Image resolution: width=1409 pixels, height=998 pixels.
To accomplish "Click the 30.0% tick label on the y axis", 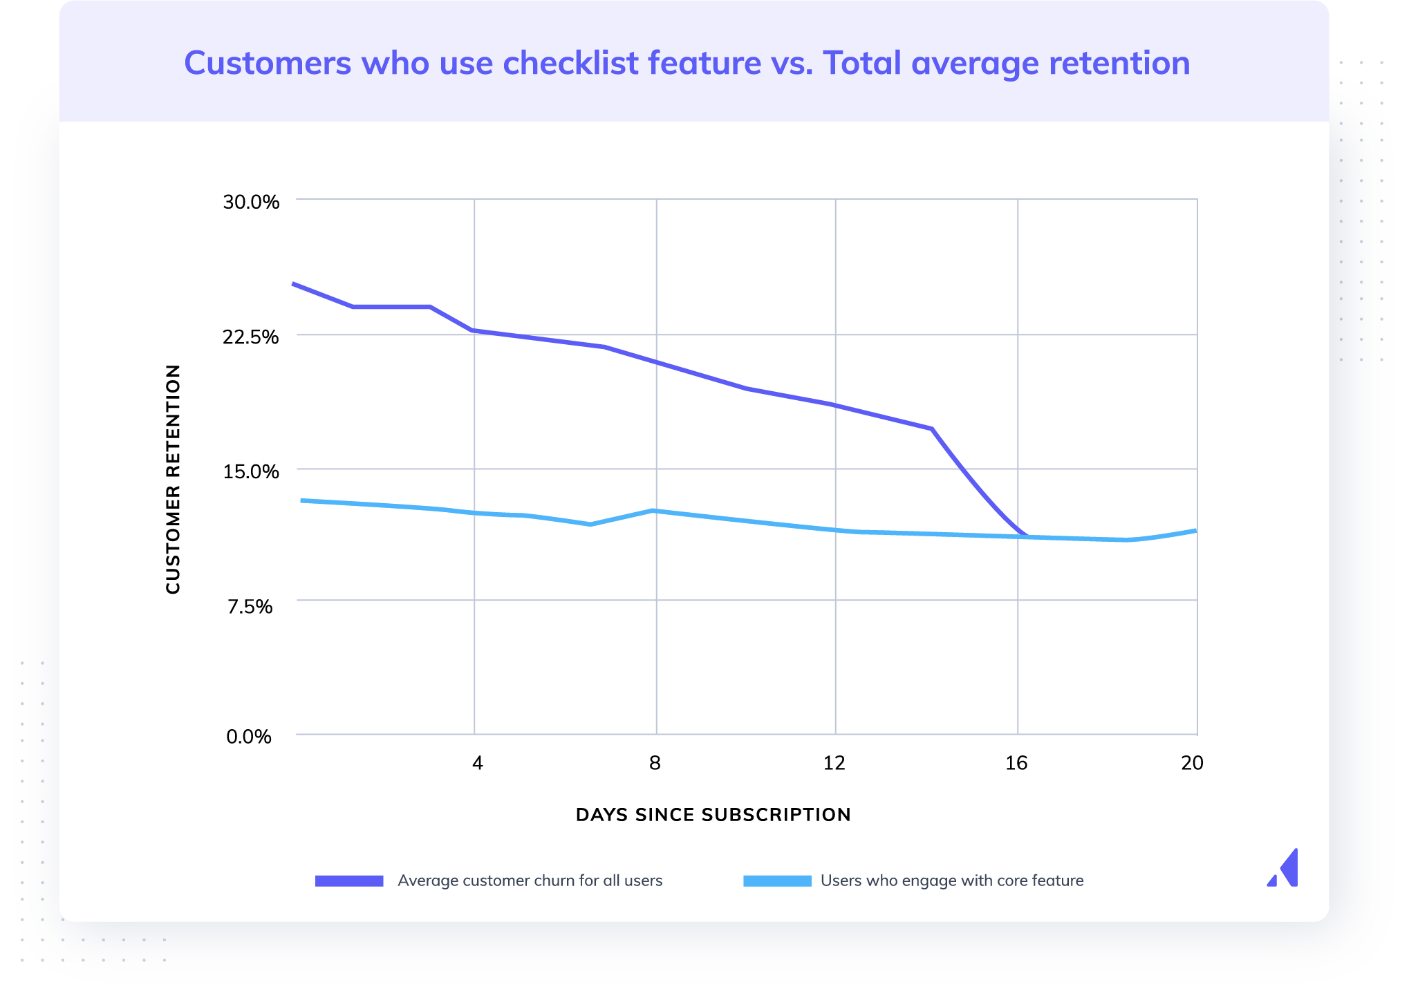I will (250, 202).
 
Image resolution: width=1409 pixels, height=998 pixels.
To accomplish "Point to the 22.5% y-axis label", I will (250, 337).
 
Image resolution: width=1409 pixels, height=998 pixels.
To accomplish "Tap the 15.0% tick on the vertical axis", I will (250, 471).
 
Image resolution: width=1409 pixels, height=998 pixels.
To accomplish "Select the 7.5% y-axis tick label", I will (250, 606).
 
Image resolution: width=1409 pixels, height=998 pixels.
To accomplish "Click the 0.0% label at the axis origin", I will (249, 736).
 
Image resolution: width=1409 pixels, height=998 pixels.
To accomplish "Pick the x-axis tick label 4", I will (477, 762).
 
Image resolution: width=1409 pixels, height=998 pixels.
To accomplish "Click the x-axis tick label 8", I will (655, 762).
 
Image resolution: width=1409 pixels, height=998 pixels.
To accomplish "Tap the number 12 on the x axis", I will (834, 762).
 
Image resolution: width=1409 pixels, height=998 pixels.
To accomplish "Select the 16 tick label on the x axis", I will (1016, 762).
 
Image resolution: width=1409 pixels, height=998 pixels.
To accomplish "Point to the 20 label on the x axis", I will (1192, 762).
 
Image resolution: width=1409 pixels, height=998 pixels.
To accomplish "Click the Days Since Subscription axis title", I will (713, 814).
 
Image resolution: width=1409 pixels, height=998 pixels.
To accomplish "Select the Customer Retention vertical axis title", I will (173, 478).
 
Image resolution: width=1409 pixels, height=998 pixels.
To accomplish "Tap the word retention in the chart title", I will (1119, 63).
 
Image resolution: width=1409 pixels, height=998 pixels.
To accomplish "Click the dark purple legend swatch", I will (349, 881).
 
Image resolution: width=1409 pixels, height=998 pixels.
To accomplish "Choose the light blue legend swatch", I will (777, 881).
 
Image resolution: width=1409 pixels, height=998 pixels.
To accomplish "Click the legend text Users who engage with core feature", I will (951, 881).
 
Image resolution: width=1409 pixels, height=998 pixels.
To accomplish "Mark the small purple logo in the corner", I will (1284, 868).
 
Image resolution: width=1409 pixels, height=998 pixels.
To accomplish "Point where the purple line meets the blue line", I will (1028, 536).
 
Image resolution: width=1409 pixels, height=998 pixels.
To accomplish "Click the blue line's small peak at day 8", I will (653, 511).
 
